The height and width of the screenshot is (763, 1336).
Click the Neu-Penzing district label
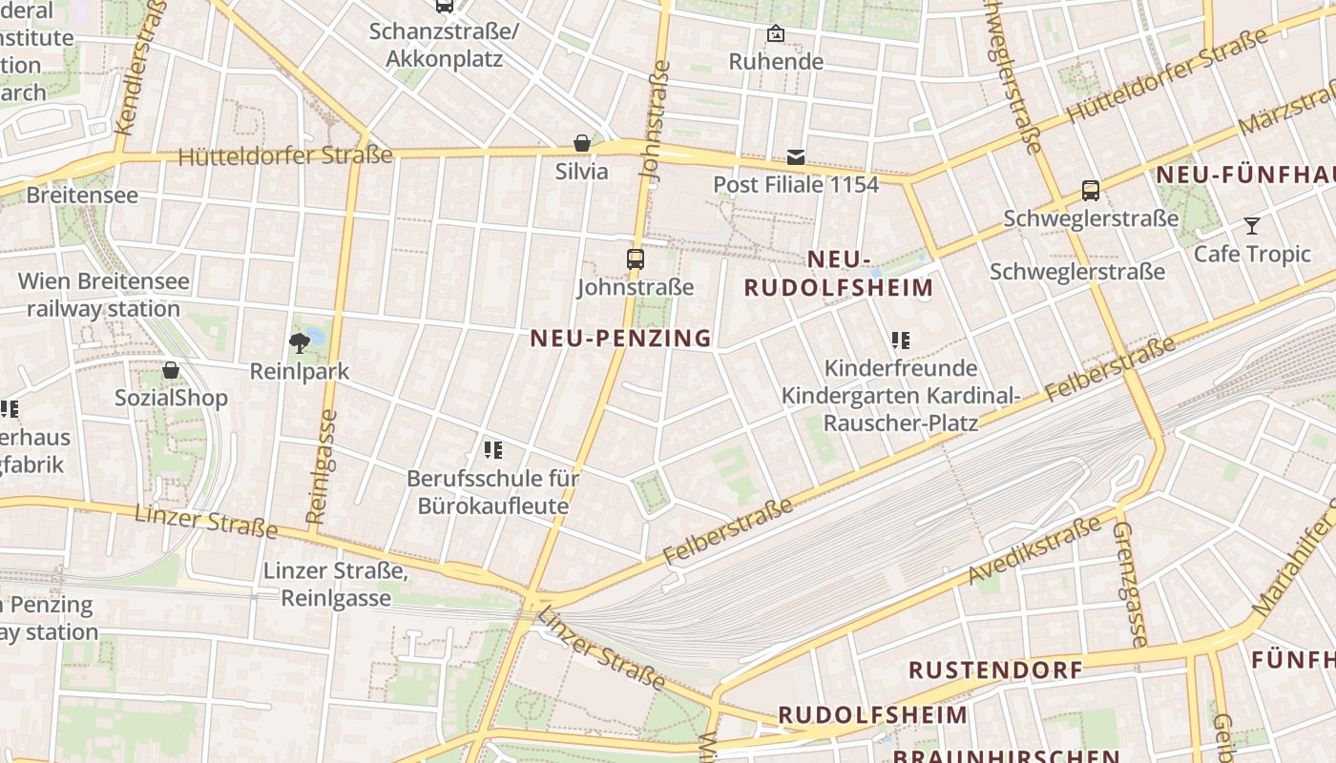(x=620, y=338)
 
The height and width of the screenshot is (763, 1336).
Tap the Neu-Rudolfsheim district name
(x=839, y=274)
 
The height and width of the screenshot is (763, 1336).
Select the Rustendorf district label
(x=995, y=670)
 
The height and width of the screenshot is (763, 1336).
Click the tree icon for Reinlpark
(x=300, y=343)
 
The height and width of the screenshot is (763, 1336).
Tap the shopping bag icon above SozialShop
(x=171, y=370)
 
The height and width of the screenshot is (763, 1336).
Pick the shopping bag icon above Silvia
(x=581, y=143)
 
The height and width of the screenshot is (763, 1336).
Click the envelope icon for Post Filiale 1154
(x=796, y=157)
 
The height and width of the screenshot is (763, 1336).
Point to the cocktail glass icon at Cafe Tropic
(x=1252, y=226)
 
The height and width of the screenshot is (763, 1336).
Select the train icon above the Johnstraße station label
(x=635, y=258)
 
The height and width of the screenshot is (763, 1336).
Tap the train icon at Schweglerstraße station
(x=1091, y=191)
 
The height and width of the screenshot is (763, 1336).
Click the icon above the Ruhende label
(x=776, y=34)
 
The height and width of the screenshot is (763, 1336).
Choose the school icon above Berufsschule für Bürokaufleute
(x=492, y=449)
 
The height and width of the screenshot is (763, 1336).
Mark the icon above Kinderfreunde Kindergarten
(x=900, y=340)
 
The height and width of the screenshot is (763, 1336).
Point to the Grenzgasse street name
(x=1127, y=584)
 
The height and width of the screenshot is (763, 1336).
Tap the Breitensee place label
(x=82, y=196)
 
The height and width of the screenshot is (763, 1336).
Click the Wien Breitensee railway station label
(x=103, y=296)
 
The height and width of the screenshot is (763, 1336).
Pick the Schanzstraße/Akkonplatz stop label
(x=444, y=45)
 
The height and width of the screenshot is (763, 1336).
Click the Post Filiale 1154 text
(x=796, y=184)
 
